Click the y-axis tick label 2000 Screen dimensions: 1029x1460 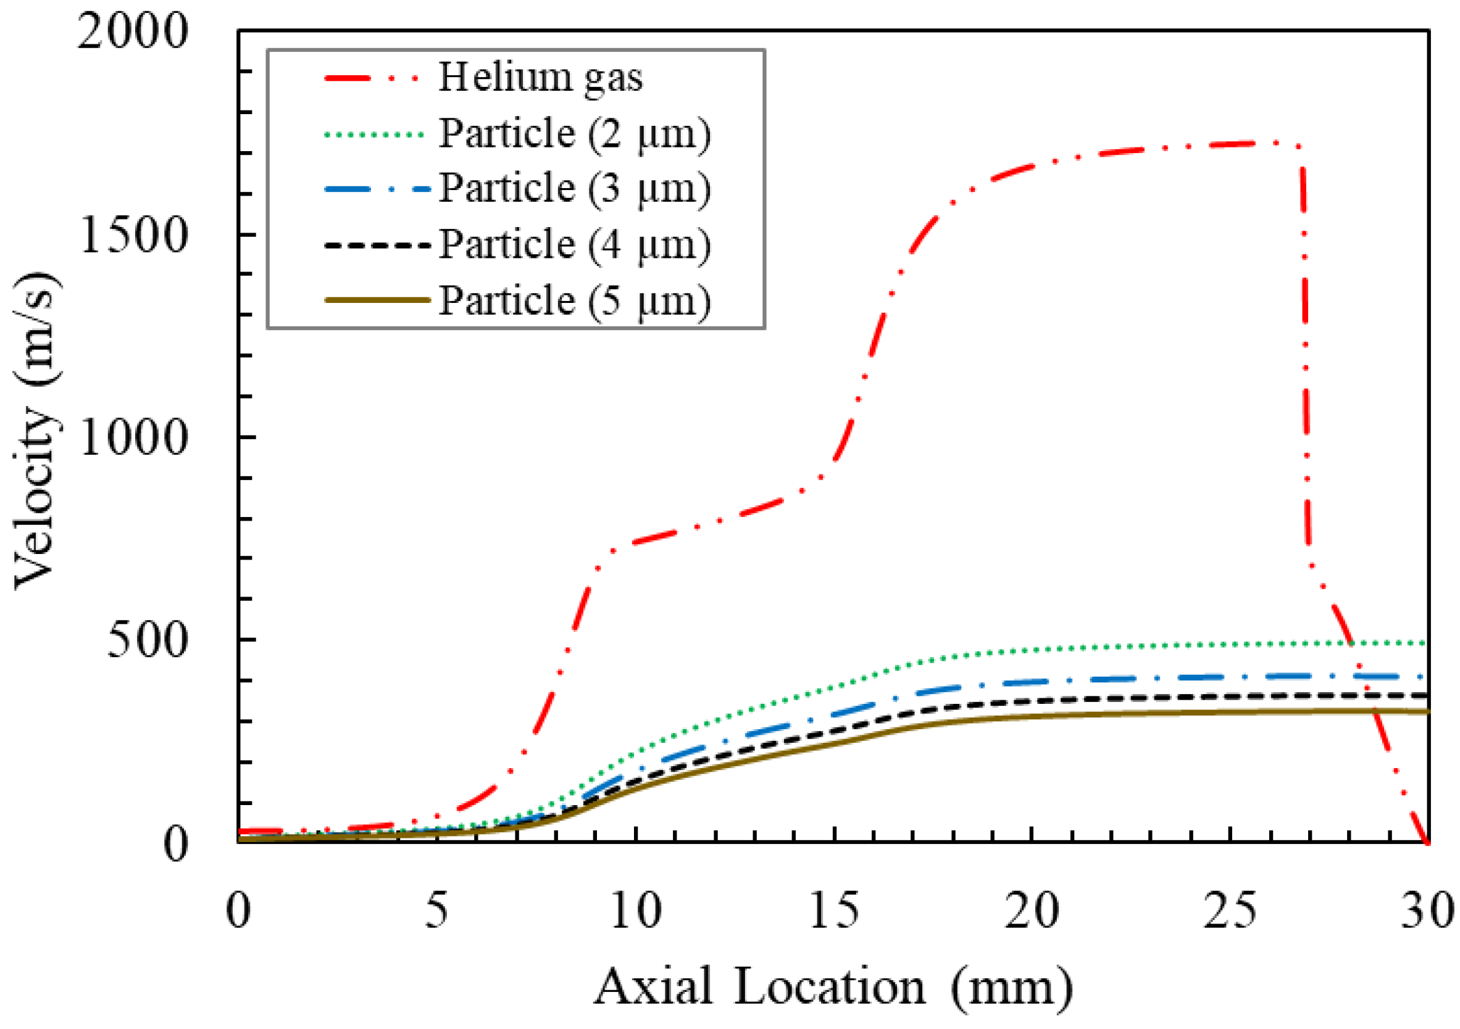(133, 33)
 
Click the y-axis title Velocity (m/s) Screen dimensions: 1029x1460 (38, 432)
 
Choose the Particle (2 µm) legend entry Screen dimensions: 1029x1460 (575, 134)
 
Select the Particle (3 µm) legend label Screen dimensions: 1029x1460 (575, 189)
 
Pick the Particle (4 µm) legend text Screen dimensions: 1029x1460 (575, 246)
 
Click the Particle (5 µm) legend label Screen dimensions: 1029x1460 (575, 300)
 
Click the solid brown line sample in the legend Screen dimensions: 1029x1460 (377, 300)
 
